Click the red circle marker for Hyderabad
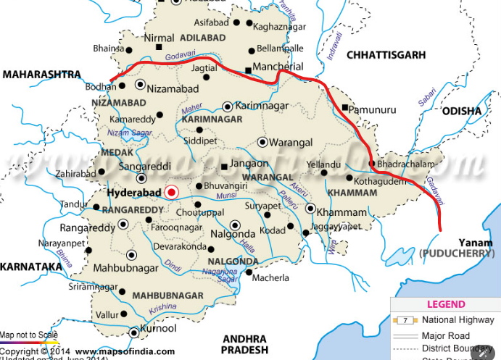[x=171, y=192]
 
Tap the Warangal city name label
[x=292, y=142]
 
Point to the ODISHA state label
[x=461, y=111]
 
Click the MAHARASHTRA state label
[x=41, y=75]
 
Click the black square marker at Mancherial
[x=248, y=70]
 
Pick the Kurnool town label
[x=160, y=329]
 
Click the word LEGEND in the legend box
[x=447, y=305]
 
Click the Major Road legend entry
[x=445, y=336]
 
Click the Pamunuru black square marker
[x=344, y=108]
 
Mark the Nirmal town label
[x=159, y=36]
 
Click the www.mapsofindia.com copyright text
[x=115, y=351]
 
